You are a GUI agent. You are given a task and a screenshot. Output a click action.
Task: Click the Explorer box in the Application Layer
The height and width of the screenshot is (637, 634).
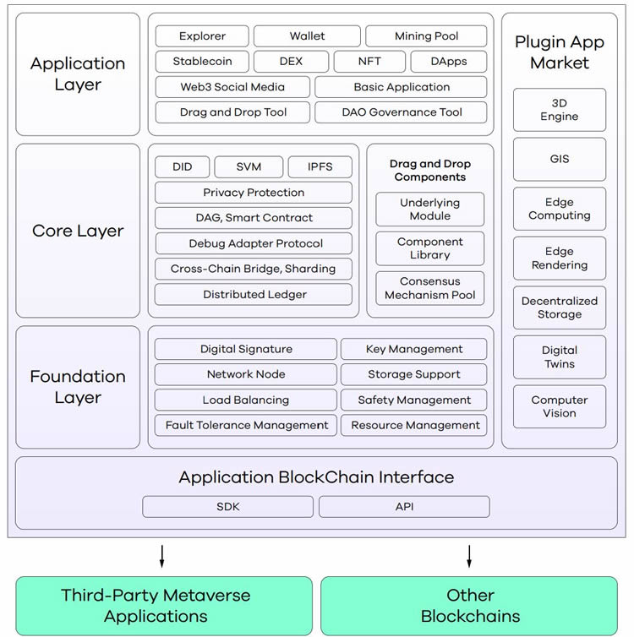pos(202,36)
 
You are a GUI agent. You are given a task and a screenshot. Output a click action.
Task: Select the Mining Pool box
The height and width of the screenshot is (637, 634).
pos(426,36)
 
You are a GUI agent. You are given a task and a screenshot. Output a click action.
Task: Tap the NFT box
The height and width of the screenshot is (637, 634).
pos(369,62)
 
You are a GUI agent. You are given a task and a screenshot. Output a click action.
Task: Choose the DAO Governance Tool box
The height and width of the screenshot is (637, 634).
pos(402,112)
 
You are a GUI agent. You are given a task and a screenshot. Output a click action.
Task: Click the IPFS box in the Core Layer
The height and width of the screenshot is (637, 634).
pos(320,167)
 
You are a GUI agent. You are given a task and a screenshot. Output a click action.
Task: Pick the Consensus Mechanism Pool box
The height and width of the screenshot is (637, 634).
pos(430,288)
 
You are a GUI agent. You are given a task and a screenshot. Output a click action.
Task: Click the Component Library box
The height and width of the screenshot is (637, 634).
pos(430,248)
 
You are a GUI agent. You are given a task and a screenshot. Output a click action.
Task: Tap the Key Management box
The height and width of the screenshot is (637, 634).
pos(413,349)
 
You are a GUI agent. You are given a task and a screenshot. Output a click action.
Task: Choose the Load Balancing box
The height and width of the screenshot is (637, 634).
pos(245,400)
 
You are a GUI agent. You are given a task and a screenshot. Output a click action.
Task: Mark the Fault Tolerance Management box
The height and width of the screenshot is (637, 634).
pos(246,425)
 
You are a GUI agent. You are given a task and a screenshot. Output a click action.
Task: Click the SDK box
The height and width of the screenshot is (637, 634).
pos(228,507)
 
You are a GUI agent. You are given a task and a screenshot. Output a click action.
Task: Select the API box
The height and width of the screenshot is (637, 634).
pos(404,507)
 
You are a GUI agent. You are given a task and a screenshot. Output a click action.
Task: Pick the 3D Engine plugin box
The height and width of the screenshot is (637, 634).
pos(559,110)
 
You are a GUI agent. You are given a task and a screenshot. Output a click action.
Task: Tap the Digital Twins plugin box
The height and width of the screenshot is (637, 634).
pos(559,357)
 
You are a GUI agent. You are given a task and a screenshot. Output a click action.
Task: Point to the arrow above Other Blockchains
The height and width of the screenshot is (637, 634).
pos(469,557)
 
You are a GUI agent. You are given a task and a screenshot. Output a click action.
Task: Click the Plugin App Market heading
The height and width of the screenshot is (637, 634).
pos(559,52)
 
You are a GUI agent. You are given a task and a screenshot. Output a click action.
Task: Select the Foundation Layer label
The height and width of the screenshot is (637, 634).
pos(78,387)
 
